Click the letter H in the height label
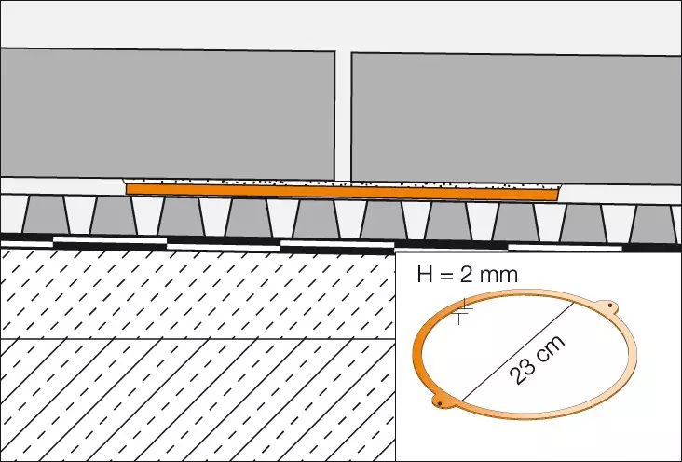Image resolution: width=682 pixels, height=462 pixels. click(425, 275)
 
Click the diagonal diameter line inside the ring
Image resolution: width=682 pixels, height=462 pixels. click(503, 363)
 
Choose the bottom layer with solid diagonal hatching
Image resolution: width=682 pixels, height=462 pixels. click(186, 401)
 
